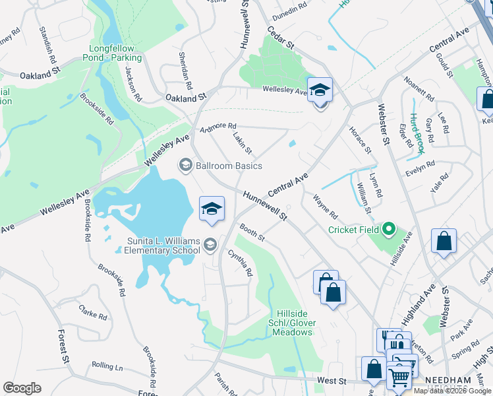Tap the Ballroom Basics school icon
(x=185, y=165)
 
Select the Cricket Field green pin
(x=389, y=230)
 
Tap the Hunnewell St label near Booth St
(x=265, y=206)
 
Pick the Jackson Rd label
(x=134, y=83)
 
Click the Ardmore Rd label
(x=219, y=125)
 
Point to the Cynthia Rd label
(x=241, y=263)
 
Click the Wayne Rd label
(x=325, y=207)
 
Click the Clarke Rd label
(x=92, y=312)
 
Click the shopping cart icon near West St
(x=399, y=378)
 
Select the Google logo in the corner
(x=22, y=388)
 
